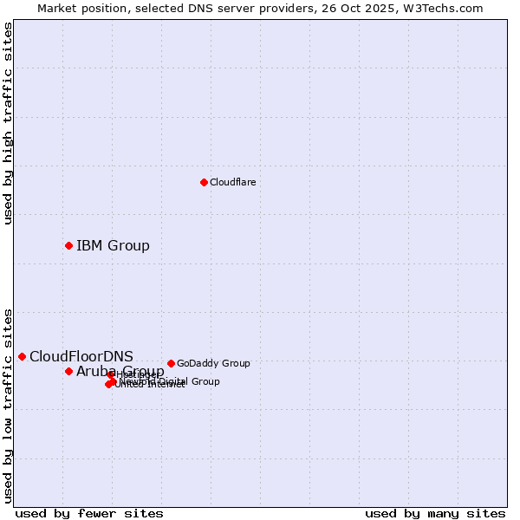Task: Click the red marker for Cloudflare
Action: [204, 182]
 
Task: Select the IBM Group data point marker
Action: [68, 245]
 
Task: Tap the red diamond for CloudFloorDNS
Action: [22, 356]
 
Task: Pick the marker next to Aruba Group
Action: [68, 371]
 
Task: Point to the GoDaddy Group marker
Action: [171, 363]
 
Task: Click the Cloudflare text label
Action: [232, 182]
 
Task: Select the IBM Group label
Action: [113, 245]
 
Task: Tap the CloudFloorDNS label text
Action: [81, 356]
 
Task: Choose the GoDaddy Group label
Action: [213, 363]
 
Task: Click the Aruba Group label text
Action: [120, 372]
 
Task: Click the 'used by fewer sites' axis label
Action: [89, 513]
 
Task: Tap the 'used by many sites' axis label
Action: [435, 513]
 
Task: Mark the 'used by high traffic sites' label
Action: [8, 124]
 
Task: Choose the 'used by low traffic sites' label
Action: [8, 405]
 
